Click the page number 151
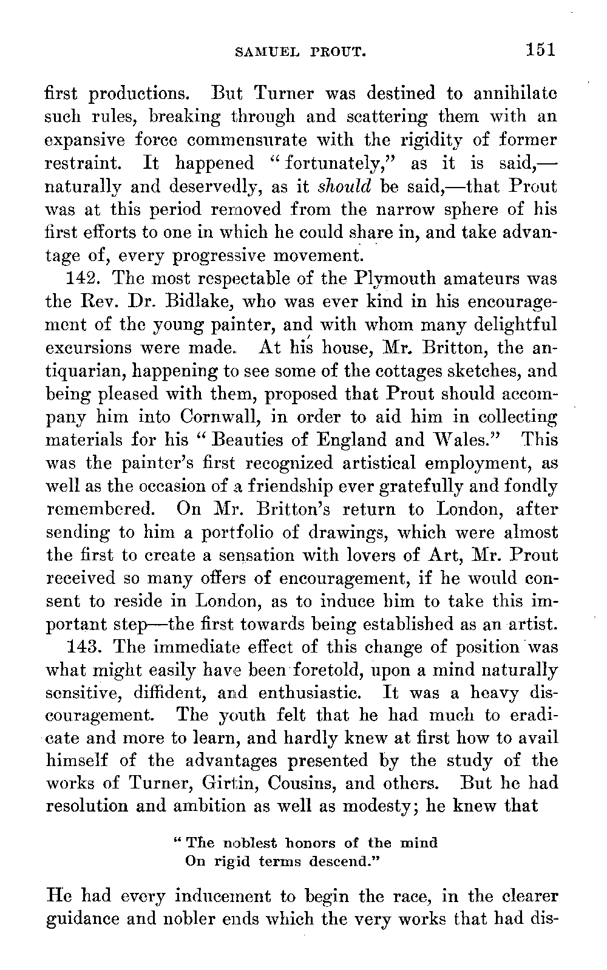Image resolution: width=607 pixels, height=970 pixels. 541,49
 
